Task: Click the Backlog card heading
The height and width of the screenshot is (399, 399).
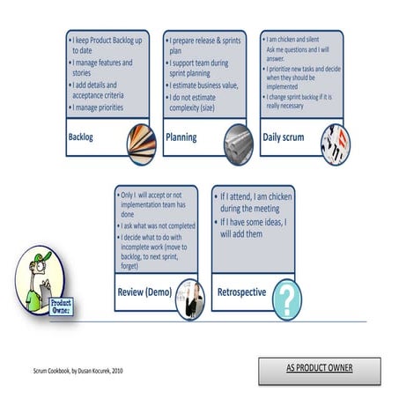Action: pos(81,137)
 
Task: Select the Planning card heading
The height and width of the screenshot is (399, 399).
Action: pos(181,137)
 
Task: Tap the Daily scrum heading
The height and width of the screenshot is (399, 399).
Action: pos(284,137)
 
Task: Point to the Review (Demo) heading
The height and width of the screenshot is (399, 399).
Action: pos(144,292)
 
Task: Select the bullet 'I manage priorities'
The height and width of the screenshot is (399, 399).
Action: pos(106,107)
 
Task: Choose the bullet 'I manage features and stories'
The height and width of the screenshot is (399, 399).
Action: pos(102,68)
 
